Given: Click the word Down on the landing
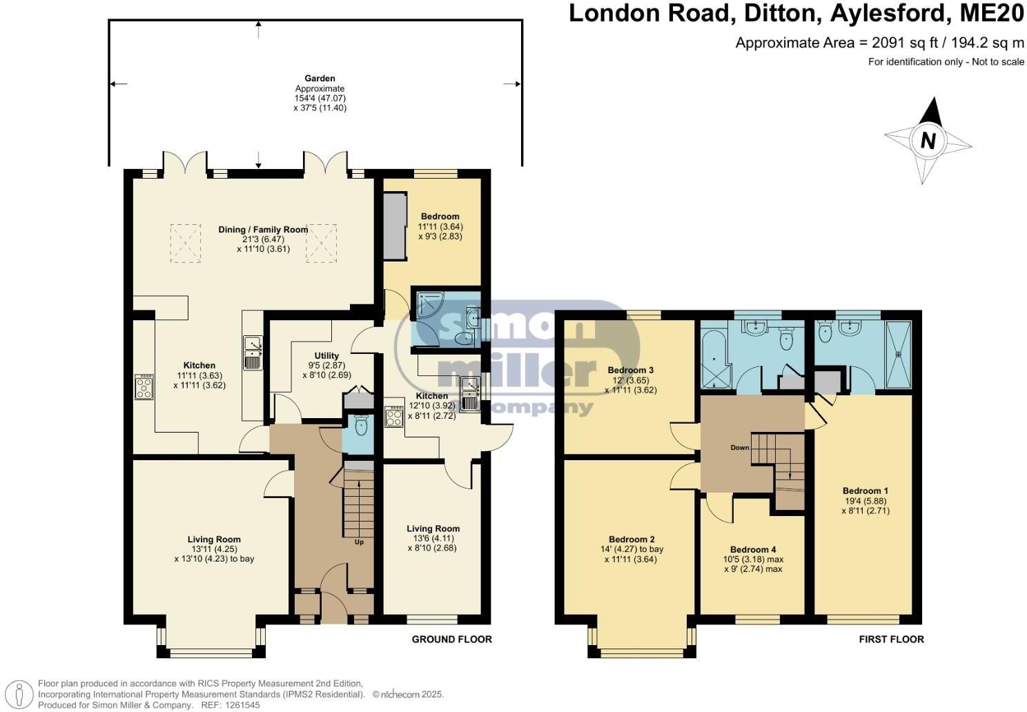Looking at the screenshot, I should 740,448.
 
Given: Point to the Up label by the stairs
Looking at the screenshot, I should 359,542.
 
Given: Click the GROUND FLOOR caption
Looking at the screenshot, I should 451,640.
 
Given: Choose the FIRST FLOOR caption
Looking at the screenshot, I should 891,640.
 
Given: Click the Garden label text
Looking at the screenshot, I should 320,79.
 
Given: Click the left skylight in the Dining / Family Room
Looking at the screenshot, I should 185,243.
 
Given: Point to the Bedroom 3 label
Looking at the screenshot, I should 631,370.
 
